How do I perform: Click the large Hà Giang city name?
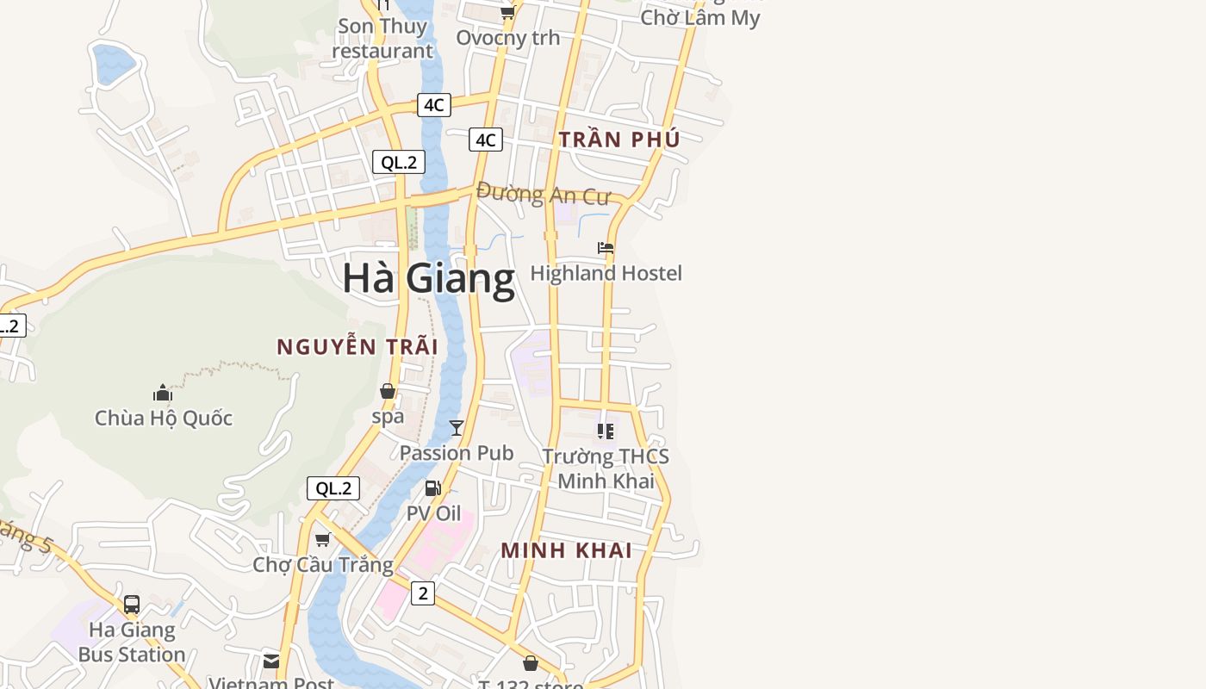coord(428,278)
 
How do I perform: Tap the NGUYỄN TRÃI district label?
coord(357,346)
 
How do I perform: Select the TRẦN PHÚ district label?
coord(619,139)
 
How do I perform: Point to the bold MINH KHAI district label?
coord(567,550)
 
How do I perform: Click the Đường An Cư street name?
coord(543,194)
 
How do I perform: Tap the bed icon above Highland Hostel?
coord(606,248)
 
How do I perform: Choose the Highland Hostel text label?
coord(606,273)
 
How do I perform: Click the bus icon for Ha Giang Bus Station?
coord(132,605)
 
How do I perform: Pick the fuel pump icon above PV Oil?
coord(433,488)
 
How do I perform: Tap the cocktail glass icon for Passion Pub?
coord(457,428)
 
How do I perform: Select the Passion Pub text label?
coord(457,452)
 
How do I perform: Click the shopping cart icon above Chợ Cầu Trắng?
coord(323,539)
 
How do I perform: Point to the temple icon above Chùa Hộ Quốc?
coord(163,394)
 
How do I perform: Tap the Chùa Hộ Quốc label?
coord(164,418)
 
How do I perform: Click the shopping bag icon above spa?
coord(388,392)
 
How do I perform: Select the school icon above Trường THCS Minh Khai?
coord(606,431)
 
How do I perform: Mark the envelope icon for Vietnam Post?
coord(271,661)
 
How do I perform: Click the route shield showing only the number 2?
coord(423,593)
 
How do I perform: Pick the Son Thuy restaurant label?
coord(382,38)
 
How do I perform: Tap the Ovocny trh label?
coord(507,37)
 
